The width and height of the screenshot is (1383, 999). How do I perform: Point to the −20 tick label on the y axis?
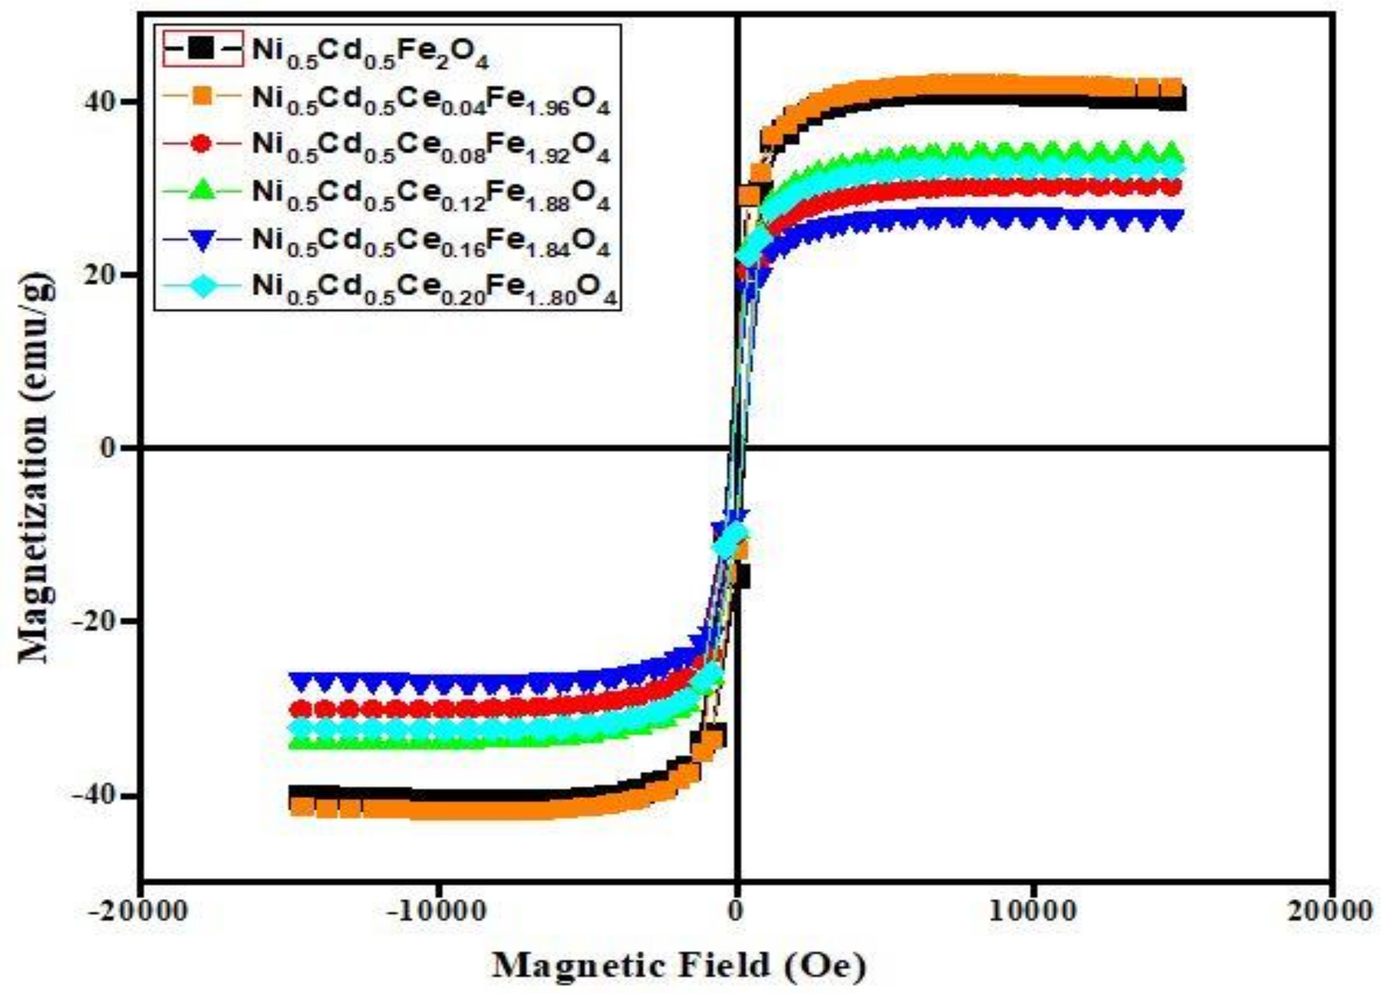coord(91,622)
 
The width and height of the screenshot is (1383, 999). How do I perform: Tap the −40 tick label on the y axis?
coord(91,796)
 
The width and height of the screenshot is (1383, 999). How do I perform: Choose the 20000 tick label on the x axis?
coord(1329,912)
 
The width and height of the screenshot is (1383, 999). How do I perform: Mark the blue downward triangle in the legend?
coord(203,240)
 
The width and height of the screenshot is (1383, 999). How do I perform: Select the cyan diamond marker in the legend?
coord(203,286)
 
